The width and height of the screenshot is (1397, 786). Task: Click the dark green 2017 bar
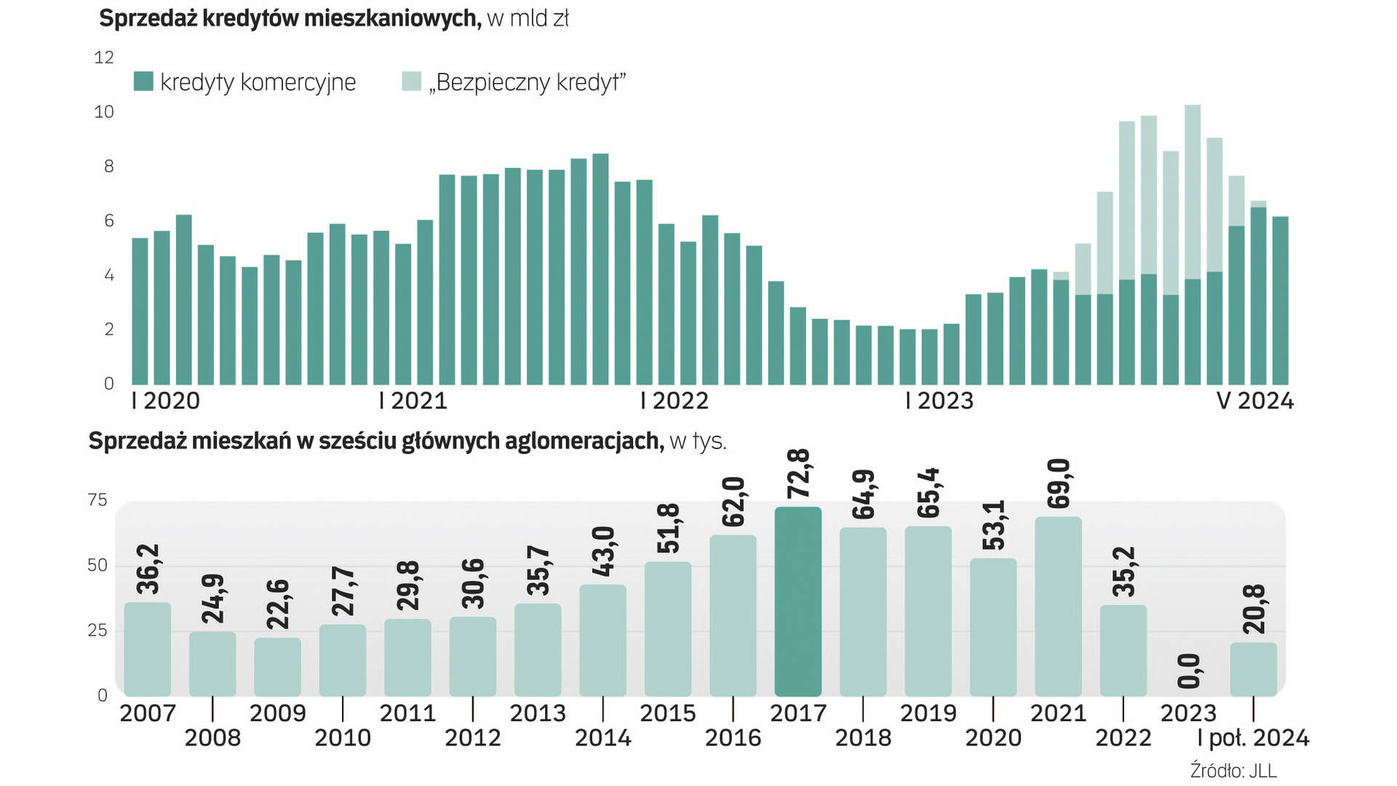798,602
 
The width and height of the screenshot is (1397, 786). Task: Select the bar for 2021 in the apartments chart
1058,607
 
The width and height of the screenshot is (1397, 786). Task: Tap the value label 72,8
798,474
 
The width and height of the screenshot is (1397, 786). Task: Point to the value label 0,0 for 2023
1189,671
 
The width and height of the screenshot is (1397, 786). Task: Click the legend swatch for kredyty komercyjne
143,82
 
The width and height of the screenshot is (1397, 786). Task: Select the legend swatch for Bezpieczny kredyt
411,82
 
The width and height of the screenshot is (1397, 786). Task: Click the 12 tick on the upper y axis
104,57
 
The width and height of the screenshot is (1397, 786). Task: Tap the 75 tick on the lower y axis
97,500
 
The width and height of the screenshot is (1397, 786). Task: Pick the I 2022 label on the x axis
674,401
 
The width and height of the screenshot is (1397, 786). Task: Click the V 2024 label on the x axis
1255,401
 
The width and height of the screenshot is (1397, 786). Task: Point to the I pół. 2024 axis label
1253,738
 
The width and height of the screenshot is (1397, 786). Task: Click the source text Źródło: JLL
1233,771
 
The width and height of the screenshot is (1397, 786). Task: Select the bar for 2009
277,667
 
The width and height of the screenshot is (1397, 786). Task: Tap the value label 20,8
1254,609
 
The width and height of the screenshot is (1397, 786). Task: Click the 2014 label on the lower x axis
603,738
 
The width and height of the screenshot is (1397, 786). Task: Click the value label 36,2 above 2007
148,569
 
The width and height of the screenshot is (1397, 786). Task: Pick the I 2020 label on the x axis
166,401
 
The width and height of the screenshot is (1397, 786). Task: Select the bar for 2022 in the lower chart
1123,651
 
